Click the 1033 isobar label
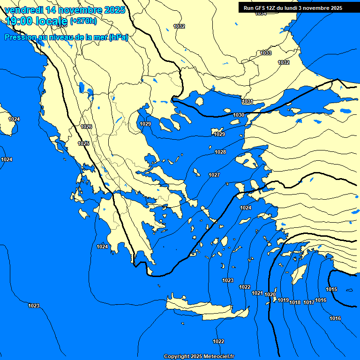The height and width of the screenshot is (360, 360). pos(266,53)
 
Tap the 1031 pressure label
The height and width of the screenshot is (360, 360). pos(247,102)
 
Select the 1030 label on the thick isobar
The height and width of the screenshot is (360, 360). pos(239,115)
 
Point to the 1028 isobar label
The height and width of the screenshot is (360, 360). pos(220,152)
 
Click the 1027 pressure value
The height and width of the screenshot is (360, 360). pos(214,175)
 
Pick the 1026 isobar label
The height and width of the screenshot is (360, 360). pos(86,127)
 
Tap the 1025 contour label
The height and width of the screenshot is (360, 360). pos(83,143)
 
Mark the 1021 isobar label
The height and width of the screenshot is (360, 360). pos(257,293)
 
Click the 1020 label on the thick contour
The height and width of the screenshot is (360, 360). pos(270,294)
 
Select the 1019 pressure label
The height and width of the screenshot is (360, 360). pos(283,300)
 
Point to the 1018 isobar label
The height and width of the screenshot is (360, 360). pos(295,302)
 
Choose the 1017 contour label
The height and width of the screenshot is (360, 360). pos(308,302)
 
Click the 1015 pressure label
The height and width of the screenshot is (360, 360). pos(331,289)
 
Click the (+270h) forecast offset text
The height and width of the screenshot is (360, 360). pos(83,21)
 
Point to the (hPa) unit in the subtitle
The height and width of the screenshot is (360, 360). pos(118,37)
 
